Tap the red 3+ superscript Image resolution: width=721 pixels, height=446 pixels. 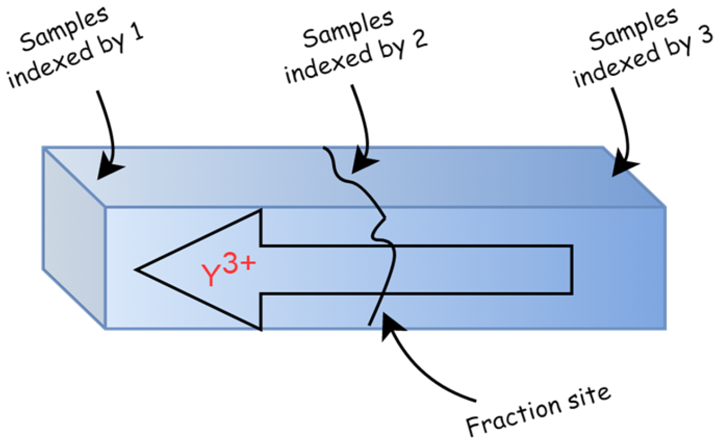239,265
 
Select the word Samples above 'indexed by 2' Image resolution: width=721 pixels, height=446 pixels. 348,32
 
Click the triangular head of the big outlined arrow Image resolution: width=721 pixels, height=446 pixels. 199,270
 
